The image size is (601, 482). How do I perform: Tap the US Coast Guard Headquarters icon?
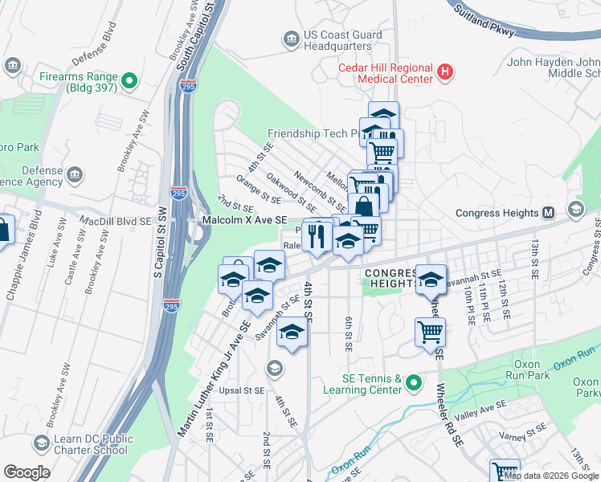[290, 39]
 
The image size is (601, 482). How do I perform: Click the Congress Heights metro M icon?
[549, 213]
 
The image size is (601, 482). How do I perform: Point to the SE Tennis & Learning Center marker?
[414, 384]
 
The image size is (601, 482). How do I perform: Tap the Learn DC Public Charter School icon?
[41, 443]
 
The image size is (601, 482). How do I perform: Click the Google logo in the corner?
[27, 472]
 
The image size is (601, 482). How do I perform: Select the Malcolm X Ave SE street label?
[243, 219]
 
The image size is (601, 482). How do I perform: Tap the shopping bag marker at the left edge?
[4, 231]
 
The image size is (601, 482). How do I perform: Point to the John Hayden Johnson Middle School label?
[554, 67]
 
